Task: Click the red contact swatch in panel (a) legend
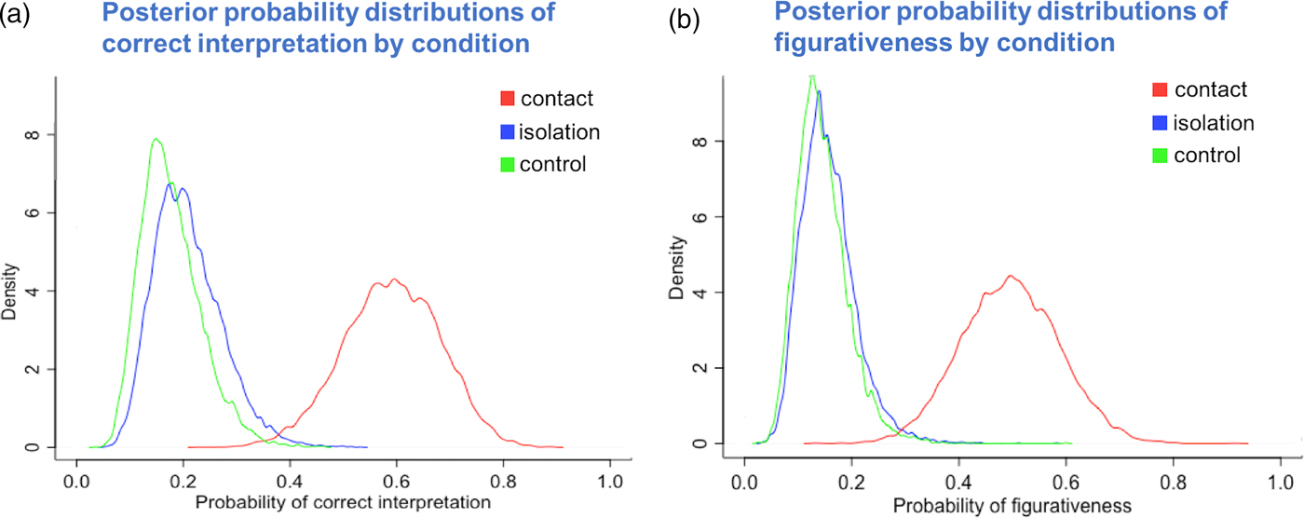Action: point(507,98)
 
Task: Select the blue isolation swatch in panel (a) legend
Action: point(507,132)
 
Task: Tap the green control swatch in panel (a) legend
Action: point(507,166)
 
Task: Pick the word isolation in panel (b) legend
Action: point(1214,122)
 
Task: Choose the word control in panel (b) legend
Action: point(1207,155)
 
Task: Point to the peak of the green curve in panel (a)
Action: point(156,140)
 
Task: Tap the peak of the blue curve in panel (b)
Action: point(819,91)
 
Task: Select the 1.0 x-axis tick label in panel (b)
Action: point(1279,484)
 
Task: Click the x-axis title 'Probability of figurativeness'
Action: point(1010,506)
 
